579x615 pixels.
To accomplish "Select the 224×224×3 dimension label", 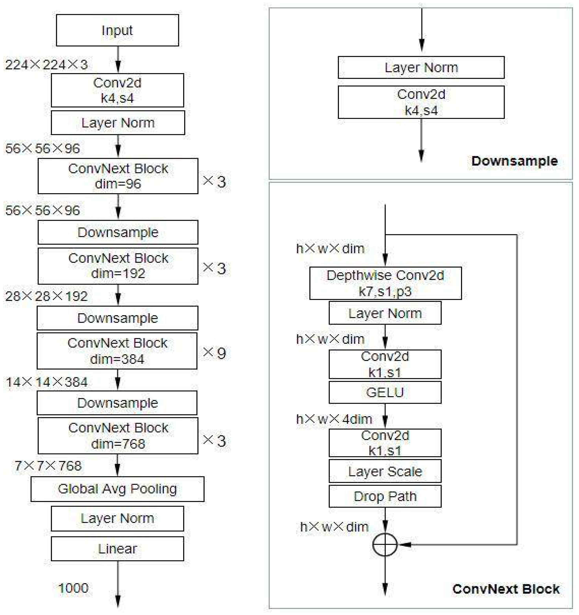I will (46, 65).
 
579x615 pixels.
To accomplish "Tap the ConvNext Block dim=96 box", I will (118, 176).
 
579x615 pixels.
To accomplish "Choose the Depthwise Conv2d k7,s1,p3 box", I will (385, 283).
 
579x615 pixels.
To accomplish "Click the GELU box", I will (385, 392).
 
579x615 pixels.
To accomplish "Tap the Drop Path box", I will (385, 496).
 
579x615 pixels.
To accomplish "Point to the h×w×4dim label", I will (334, 419).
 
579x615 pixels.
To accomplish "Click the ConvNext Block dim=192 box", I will (118, 266).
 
